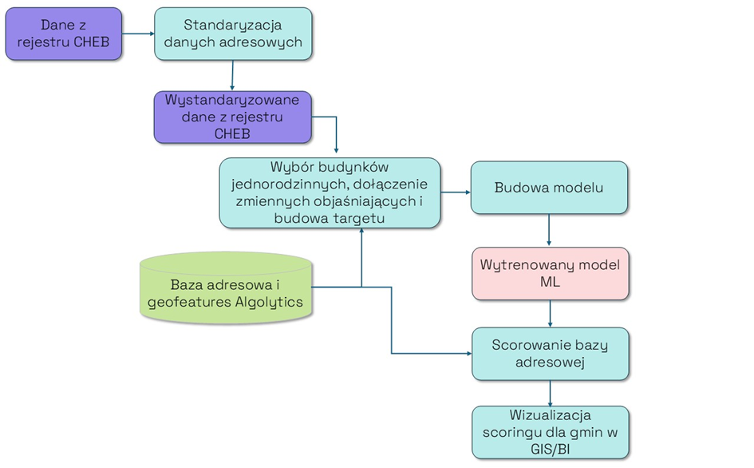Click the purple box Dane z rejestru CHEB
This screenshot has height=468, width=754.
64,34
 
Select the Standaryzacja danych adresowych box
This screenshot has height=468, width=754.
232,34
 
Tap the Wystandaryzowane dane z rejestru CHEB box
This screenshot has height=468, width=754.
232,117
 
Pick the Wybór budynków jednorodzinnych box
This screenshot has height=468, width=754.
330,192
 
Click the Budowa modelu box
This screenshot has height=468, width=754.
549,188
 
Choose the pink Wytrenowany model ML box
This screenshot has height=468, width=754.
550,273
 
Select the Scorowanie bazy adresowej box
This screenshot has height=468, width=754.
550,353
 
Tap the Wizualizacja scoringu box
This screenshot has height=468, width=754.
550,432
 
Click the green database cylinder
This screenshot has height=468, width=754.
226,288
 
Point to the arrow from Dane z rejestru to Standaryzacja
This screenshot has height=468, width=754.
137,34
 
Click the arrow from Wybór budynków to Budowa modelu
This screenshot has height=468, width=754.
455,192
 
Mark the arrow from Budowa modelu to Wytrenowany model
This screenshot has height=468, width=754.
549,230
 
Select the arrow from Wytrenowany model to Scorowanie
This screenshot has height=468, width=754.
550,314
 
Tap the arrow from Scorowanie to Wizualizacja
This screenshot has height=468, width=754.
550,393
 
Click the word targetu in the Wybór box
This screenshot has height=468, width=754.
358,217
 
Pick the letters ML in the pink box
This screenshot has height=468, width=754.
550,282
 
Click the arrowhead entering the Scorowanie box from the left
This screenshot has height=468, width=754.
467,353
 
